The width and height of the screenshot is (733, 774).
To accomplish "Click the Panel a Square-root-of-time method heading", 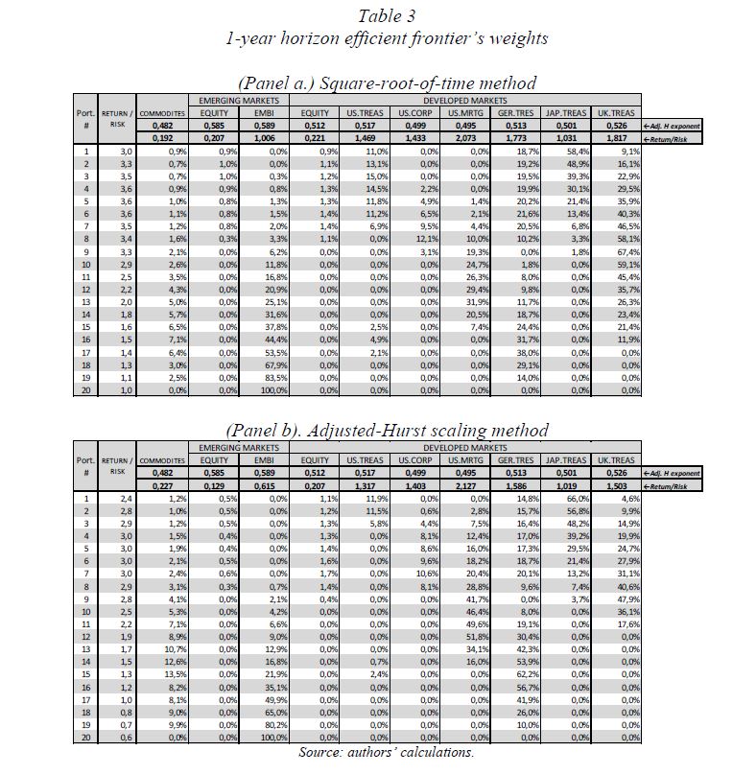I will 385,83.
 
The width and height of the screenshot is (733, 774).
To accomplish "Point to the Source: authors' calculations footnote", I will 386,753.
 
